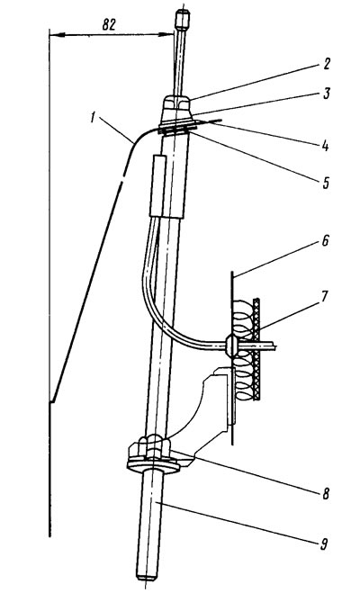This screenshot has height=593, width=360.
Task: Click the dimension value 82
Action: point(109,25)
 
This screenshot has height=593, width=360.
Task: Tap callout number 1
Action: point(93,118)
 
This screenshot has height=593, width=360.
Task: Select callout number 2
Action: point(326,64)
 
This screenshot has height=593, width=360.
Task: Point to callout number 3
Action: point(327,93)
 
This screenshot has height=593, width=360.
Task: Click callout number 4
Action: point(325,146)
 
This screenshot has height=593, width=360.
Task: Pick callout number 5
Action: point(326,183)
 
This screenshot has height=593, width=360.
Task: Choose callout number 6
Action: point(325,240)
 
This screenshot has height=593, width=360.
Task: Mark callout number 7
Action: point(325,297)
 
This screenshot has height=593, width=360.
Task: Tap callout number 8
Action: point(325,493)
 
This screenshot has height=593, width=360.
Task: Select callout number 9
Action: point(324,544)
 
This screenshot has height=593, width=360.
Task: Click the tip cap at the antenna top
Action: point(182,20)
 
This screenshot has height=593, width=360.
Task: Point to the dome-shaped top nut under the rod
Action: point(176,103)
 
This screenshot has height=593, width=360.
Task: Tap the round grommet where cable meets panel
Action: point(231,346)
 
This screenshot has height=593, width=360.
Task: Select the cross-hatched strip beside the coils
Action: point(256,348)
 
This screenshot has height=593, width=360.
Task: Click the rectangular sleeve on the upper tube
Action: point(158,185)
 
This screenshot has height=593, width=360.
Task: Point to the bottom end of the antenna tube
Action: point(147,577)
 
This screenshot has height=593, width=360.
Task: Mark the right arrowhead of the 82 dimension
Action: point(166,34)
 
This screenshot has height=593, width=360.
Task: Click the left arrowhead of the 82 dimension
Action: point(57,34)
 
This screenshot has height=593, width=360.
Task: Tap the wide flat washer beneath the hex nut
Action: point(153,464)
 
